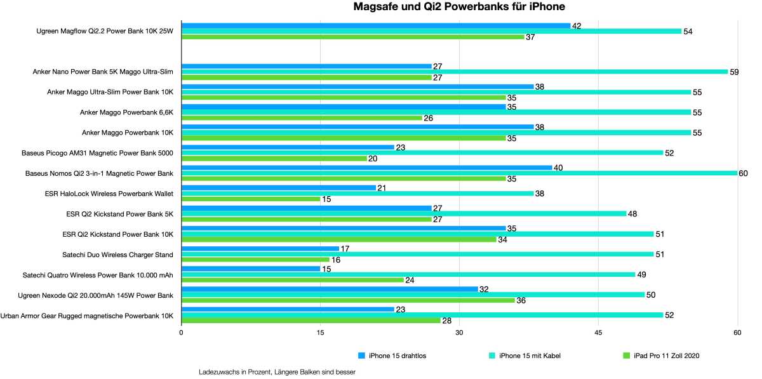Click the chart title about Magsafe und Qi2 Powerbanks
click(x=459, y=7)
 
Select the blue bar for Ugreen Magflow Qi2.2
click(x=376, y=25)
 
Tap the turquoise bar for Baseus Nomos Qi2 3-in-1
click(x=459, y=173)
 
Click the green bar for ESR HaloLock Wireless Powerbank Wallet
click(x=251, y=199)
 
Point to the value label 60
click(x=743, y=173)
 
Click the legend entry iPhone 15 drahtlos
click(x=397, y=356)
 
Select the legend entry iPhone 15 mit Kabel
click(x=530, y=356)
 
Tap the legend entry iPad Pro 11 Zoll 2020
click(x=666, y=356)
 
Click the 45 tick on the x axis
click(x=598, y=333)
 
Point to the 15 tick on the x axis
click(x=320, y=333)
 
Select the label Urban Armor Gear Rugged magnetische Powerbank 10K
click(x=87, y=315)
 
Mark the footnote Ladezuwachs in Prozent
click(x=277, y=372)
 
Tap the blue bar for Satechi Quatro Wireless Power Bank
click(x=251, y=269)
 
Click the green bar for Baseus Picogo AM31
click(x=274, y=159)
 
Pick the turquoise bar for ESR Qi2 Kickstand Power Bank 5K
click(x=404, y=214)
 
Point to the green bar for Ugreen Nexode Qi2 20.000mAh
click(x=348, y=300)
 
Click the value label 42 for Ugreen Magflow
click(x=577, y=26)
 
